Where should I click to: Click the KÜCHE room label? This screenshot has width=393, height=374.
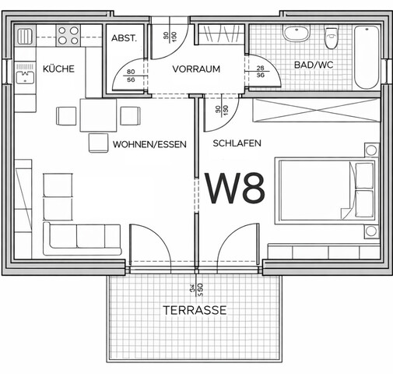58,69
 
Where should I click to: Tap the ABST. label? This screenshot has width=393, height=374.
124,37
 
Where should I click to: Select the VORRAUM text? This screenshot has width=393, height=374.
196,69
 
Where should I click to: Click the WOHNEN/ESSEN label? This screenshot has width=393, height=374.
149,144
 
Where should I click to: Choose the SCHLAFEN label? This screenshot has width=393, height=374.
237,144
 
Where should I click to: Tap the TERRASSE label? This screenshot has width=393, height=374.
195,309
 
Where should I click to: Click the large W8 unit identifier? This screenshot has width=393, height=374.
235,187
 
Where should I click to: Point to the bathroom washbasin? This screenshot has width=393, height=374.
295,34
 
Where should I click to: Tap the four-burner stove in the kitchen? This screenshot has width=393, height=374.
68,34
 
